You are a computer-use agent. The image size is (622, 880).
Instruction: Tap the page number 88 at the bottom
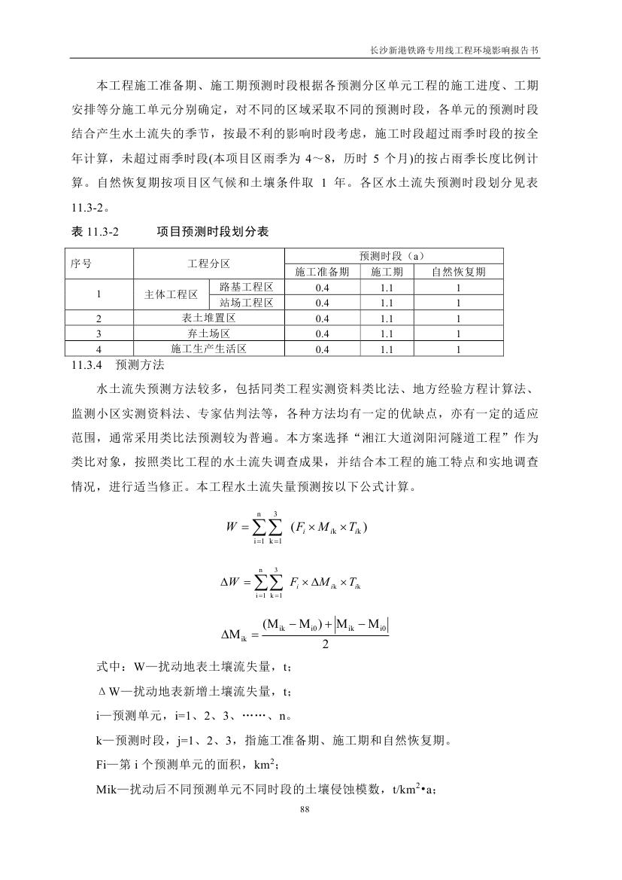pyautogui.click(x=305, y=809)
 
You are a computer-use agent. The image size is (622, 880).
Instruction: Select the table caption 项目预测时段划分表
pyautogui.click(x=213, y=233)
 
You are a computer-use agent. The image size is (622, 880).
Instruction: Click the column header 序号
pyautogui.click(x=80, y=264)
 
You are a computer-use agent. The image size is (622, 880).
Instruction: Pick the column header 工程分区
pyautogui.click(x=208, y=264)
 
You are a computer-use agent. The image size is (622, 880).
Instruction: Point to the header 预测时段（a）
pyautogui.click(x=393, y=257)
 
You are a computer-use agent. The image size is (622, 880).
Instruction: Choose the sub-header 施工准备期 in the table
pyautogui.click(x=323, y=272)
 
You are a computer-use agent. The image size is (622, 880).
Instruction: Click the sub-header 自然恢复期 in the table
pyautogui.click(x=458, y=272)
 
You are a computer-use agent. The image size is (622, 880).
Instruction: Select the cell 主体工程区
pyautogui.click(x=171, y=294)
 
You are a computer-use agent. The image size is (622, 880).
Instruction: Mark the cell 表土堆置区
pyautogui.click(x=208, y=318)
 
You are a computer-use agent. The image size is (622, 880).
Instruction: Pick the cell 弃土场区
pyautogui.click(x=208, y=333)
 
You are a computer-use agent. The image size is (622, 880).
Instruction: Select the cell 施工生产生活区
pyautogui.click(x=208, y=349)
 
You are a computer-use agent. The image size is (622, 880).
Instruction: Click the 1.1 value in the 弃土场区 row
pyautogui.click(x=387, y=333)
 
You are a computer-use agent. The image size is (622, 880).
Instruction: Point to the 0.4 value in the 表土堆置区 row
pyautogui.click(x=323, y=318)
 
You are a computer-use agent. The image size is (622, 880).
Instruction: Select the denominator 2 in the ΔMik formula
pyautogui.click(x=325, y=644)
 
